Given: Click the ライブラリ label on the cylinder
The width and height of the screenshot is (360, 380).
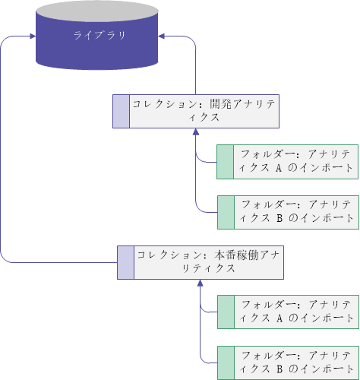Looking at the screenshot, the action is point(99,35).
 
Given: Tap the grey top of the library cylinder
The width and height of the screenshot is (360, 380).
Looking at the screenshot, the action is point(97,11).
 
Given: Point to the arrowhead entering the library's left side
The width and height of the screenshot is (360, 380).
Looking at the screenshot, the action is point(33,36).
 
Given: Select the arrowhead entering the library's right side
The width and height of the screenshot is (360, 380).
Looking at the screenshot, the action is point(162,36).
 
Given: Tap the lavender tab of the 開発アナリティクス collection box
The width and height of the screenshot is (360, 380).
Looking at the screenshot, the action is point(121,112).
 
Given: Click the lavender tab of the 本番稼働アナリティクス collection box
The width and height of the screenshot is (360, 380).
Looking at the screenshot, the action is point(125,262).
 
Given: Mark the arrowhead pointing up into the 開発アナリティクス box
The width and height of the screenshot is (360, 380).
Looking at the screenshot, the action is point(196,131).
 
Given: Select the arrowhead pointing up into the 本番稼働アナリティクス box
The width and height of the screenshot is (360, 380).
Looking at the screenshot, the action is point(201,283).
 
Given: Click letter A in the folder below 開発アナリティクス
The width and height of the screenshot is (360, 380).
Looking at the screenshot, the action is point(279,168).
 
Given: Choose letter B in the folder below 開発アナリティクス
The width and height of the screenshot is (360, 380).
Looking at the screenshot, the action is point(279,218).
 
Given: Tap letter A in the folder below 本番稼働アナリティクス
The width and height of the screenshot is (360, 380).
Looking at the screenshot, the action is point(279,318).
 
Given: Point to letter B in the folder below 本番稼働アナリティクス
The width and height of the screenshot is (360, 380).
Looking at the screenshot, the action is point(279,369).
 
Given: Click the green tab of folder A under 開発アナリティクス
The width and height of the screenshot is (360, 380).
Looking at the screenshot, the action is point(226,162).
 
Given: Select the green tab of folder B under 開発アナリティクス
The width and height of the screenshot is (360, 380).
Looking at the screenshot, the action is point(226,212).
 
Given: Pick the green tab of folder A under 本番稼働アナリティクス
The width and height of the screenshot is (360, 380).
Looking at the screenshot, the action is point(226,312).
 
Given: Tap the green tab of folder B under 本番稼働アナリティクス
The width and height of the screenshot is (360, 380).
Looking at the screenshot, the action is point(226,363).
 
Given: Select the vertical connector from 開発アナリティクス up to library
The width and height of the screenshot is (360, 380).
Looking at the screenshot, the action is point(195,66).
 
